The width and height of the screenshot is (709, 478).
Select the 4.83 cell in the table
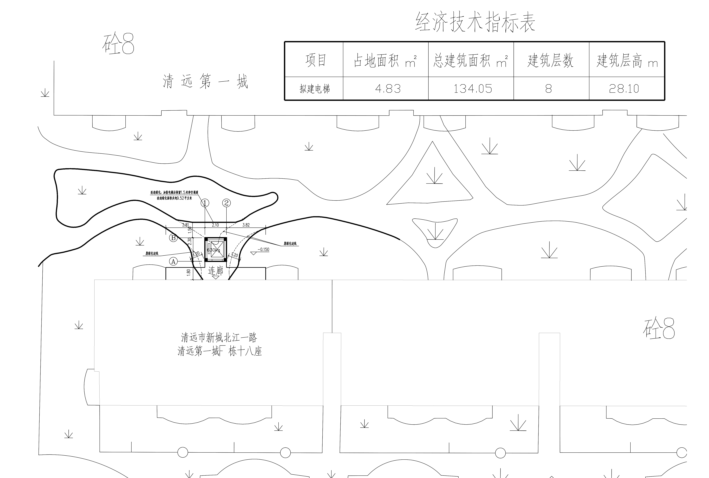388,89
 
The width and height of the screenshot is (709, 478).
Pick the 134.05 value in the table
473,89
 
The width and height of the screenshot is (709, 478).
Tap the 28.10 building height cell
624,89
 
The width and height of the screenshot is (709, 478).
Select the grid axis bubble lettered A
173,261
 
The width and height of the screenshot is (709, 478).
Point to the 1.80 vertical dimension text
189,272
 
